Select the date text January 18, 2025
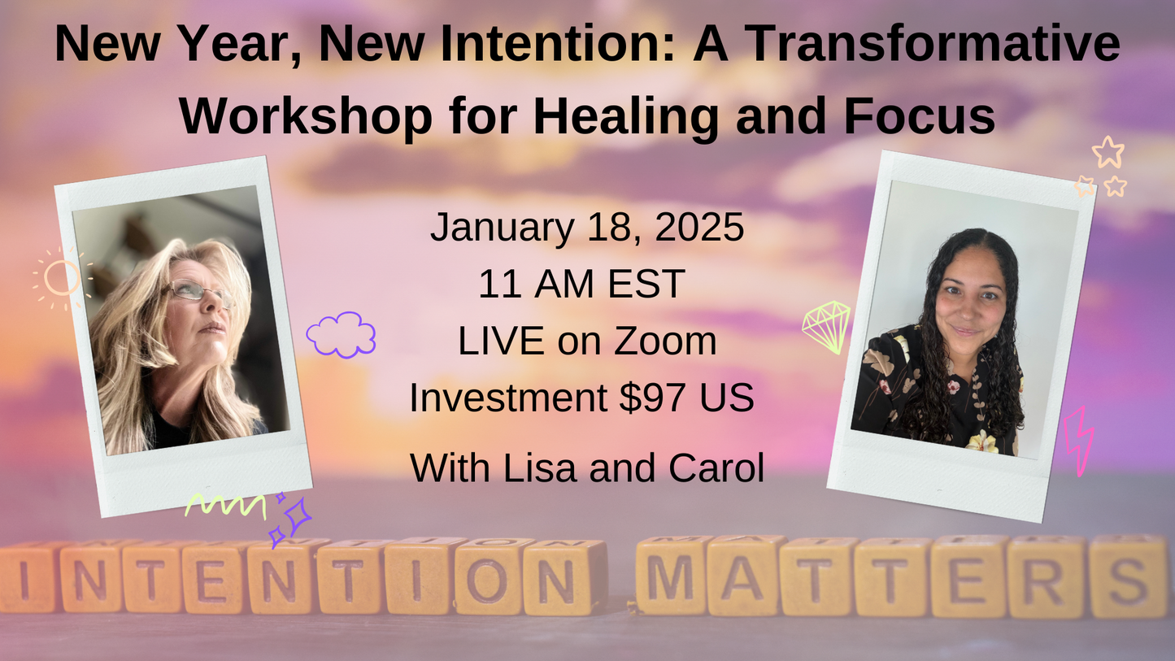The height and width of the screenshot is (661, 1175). coord(586,228)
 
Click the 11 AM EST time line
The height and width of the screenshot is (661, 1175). coord(581,285)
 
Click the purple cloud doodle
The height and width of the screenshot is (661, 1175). coord(341,334)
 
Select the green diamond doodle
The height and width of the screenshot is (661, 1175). coord(826,327)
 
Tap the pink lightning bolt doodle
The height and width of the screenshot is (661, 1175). coord(1079,440)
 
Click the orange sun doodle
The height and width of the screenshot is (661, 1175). coord(63,278)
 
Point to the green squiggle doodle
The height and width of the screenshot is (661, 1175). coord(225,506)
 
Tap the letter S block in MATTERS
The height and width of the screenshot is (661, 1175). coord(1128,577)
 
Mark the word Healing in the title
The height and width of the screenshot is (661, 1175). coord(627,116)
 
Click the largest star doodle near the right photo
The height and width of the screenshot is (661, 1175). coord(1108,152)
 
